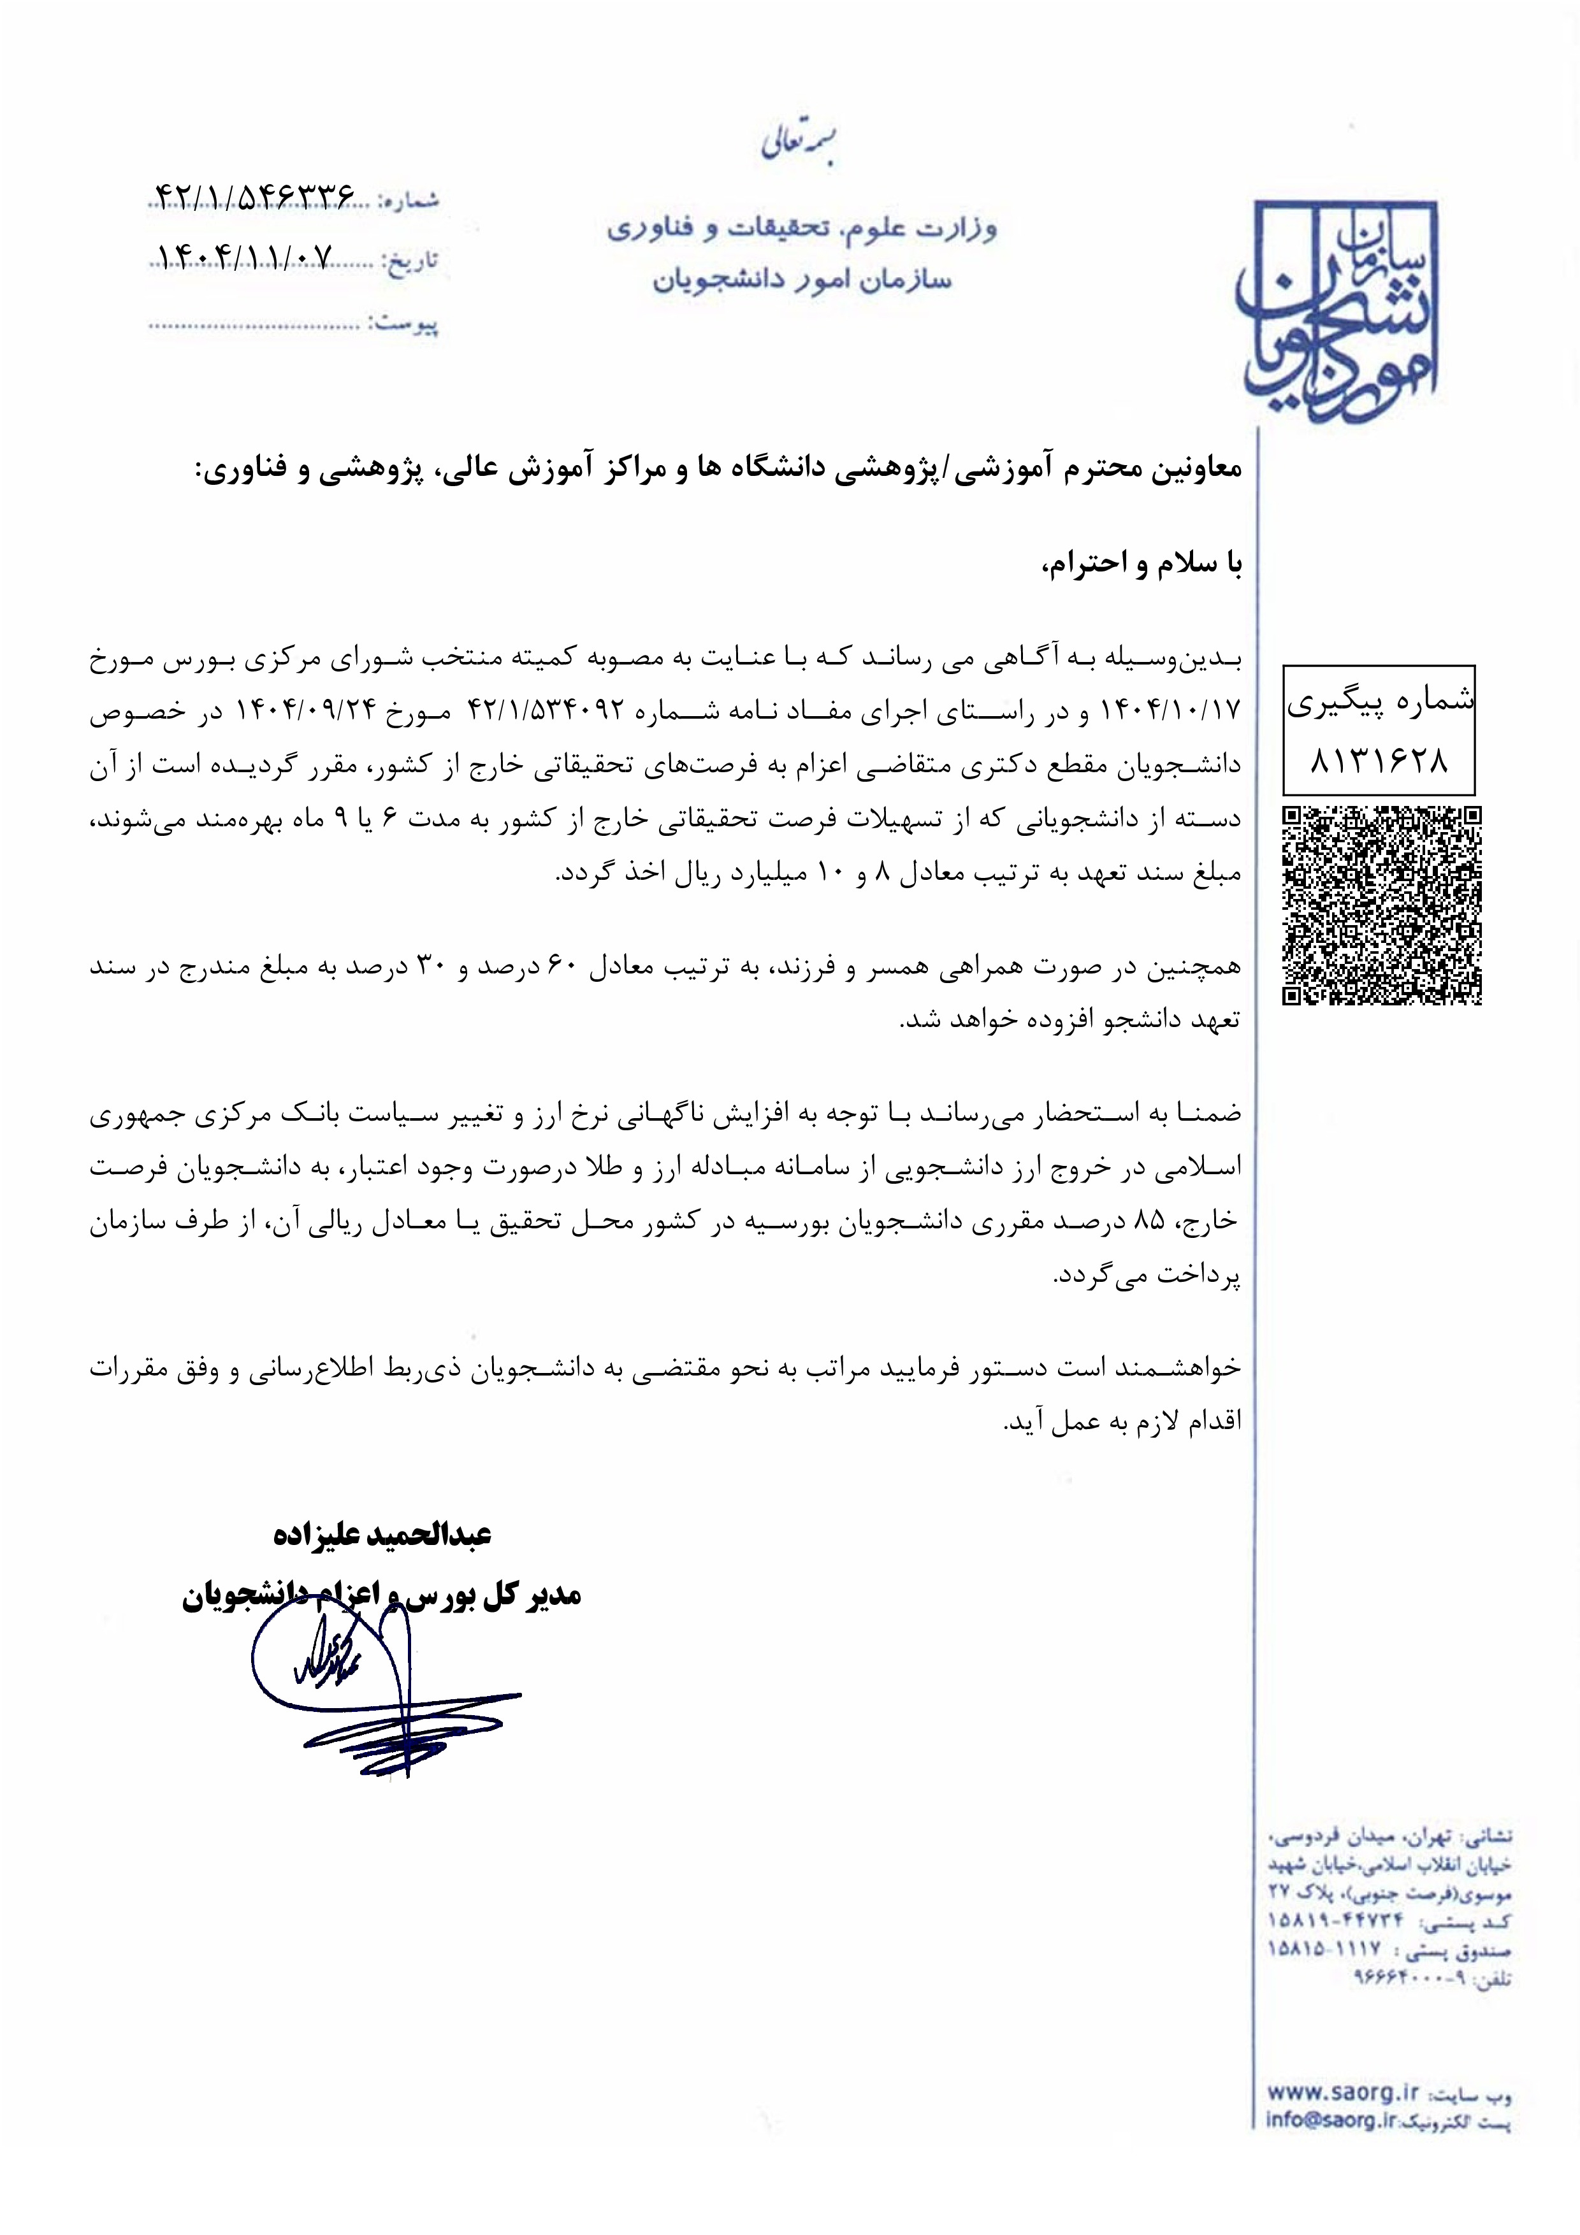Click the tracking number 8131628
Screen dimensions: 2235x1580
1379,759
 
